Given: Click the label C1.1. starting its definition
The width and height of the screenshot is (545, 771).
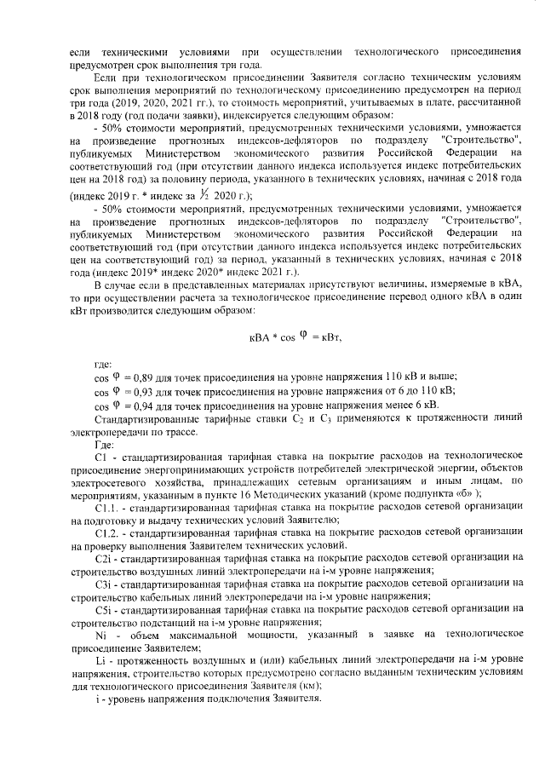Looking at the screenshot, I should [106, 509].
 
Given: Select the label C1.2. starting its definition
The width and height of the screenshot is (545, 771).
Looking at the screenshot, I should [106, 533].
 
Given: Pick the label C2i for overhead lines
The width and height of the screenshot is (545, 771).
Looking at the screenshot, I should [104, 558].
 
